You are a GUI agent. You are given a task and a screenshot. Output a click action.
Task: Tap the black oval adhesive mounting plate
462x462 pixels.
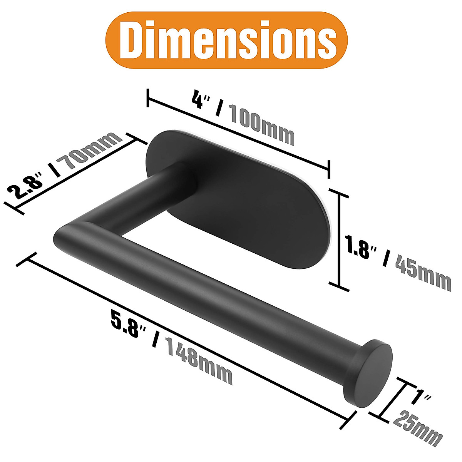pyautogui.click(x=262, y=208)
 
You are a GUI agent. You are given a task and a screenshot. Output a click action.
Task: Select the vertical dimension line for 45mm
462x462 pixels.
pyautogui.click(x=339, y=241)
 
